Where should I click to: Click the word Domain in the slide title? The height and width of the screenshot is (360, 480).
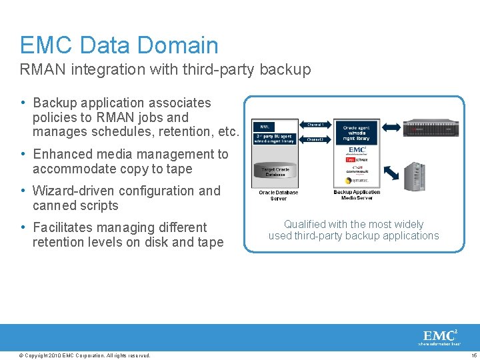pos(177,45)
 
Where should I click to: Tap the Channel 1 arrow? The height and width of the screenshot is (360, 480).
pos(315,125)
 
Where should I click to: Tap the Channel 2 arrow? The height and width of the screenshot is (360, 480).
pos(315,140)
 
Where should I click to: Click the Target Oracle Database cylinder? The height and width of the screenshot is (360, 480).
pos(275,172)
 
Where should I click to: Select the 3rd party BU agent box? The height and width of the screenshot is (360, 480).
pos(274,138)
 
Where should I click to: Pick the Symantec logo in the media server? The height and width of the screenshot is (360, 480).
pos(356,182)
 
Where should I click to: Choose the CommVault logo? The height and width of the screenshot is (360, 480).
pos(356,171)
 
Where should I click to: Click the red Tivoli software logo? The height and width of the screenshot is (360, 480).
pos(356,160)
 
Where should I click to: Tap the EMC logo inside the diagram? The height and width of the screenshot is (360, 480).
pos(356,150)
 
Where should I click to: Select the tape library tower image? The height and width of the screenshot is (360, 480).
pos(414,177)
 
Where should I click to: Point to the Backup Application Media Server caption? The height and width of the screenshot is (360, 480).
pos(357,195)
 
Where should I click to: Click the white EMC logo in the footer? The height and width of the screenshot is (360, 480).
pos(439,337)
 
